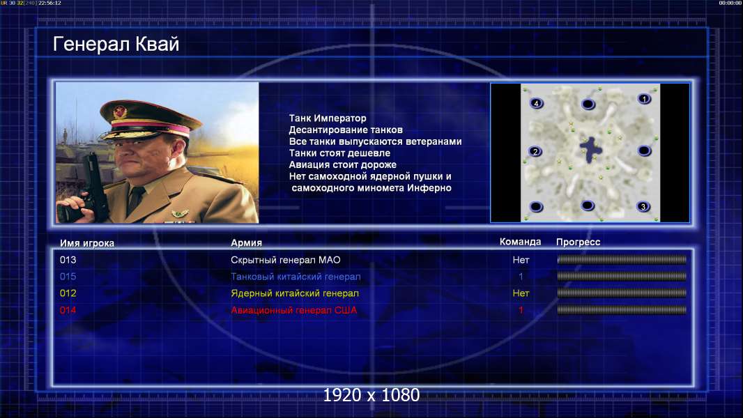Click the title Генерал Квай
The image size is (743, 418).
[116, 44]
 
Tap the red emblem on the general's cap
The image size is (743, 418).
[120, 111]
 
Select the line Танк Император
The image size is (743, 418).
[328, 118]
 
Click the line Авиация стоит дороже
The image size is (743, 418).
[343, 164]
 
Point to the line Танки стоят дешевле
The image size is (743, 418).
[339, 153]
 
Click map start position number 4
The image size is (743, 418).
[536, 103]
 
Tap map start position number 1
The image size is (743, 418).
[644, 98]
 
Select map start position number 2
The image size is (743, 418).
[535, 151]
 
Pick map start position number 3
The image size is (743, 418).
[643, 206]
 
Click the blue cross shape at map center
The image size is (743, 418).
[590, 149]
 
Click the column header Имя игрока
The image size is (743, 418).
[86, 243]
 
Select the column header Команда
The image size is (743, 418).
[520, 242]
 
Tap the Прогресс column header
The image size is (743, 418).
[578, 242]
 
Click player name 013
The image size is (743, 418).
[68, 260]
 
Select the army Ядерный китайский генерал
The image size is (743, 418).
[295, 293]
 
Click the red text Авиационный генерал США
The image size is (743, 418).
[294, 310]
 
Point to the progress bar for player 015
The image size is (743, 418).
[622, 276]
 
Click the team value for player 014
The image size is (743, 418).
[521, 310]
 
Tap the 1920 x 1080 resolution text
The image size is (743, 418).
[371, 395]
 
